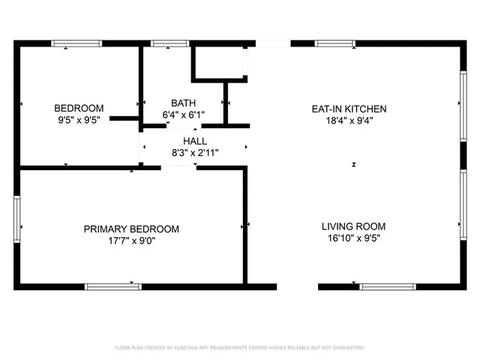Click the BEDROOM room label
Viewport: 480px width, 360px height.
point(79,108)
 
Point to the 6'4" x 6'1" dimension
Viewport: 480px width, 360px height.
point(183,115)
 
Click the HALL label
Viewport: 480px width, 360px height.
point(195,141)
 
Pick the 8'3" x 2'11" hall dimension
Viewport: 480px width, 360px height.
point(195,152)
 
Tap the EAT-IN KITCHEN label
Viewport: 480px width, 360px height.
point(349,109)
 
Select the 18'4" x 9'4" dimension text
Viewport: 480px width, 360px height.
point(349,120)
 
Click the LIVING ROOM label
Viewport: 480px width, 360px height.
point(353,226)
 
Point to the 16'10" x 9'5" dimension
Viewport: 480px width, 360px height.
point(353,238)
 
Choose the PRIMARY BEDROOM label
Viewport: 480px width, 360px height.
point(131,229)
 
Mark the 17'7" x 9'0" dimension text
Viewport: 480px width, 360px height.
point(131,241)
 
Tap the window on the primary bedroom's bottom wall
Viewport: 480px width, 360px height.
point(112,286)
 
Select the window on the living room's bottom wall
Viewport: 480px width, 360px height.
point(388,286)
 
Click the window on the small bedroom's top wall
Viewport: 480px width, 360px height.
point(76,43)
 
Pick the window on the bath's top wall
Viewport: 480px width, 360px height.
point(170,43)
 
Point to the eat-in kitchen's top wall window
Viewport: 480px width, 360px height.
point(334,43)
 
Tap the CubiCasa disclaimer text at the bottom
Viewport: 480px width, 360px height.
point(240,348)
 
